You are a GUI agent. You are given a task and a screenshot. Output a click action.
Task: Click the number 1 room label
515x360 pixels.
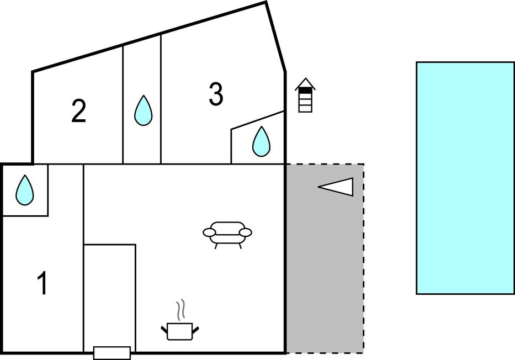point(43,284)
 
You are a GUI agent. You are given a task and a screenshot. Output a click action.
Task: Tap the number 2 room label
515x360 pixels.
point(79,111)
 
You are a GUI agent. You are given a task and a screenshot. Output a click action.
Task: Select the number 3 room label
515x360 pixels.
point(216,94)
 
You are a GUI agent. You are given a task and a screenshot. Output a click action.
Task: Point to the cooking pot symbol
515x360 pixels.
point(180,331)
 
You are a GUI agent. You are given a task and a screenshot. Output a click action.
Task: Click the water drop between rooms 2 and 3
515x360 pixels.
point(143,110)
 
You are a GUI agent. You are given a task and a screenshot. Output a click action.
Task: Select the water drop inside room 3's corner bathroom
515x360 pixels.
point(261,141)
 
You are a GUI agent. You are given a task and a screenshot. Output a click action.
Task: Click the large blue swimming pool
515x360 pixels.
point(465,178)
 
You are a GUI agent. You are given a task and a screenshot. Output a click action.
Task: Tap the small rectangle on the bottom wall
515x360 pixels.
point(112,353)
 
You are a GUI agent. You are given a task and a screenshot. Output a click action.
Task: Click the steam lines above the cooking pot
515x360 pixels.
point(180,309)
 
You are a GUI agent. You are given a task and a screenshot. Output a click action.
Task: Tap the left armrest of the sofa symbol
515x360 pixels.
point(209,232)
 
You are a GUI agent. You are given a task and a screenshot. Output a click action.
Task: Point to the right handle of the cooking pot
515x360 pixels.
point(195,330)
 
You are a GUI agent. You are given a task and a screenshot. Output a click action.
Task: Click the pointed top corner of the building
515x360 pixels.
point(266,3)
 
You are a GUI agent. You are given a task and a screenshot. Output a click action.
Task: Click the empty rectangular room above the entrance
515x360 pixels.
point(110,295)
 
